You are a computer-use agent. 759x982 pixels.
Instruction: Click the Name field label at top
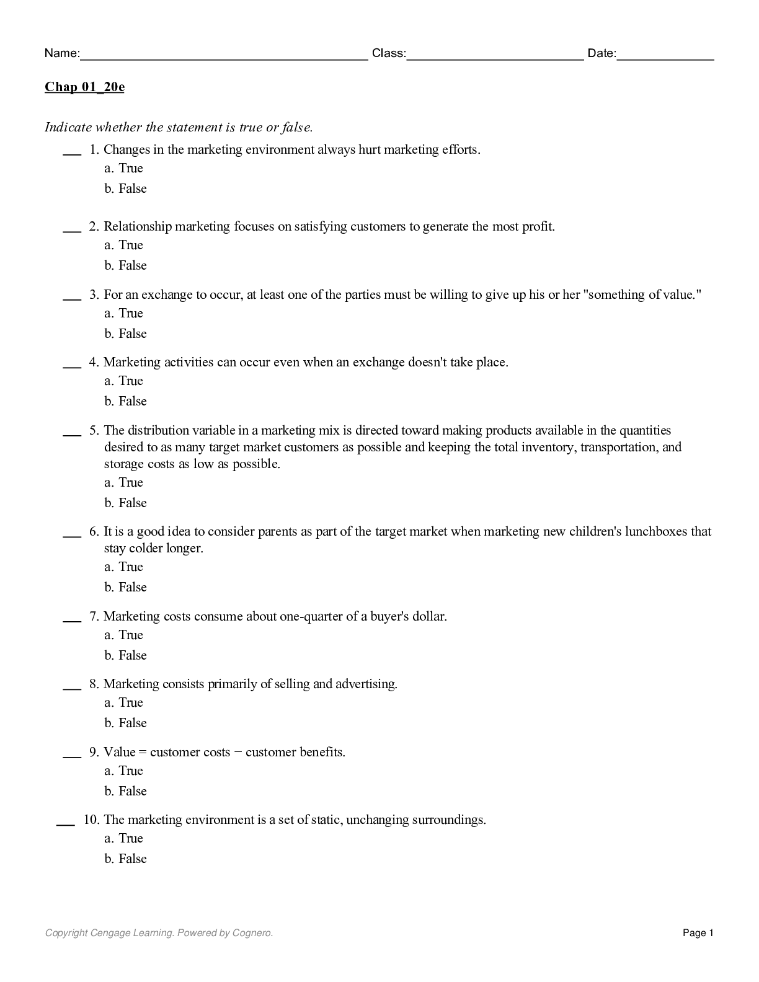click(x=61, y=53)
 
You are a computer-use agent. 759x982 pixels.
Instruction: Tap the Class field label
click(x=389, y=53)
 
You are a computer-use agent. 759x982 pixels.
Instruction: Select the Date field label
click(x=601, y=53)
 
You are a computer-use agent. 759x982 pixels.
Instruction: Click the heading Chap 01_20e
click(x=84, y=87)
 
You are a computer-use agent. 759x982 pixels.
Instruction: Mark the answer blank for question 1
click(x=72, y=153)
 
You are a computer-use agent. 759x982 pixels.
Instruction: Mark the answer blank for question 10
click(x=65, y=823)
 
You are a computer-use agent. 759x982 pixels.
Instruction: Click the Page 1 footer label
click(x=698, y=932)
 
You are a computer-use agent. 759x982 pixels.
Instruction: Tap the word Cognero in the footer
click(x=252, y=932)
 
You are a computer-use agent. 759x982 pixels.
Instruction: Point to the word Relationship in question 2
click(x=137, y=226)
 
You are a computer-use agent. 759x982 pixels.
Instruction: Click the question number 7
click(x=94, y=616)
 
